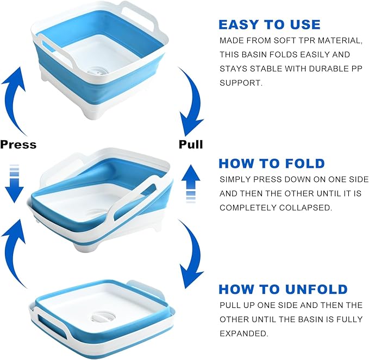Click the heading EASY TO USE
(270, 24)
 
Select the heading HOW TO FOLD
(272, 163)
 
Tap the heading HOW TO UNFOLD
(283, 289)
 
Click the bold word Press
(18, 144)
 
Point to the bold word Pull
(191, 144)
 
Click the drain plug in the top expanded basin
(95, 70)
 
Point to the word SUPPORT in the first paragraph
(241, 83)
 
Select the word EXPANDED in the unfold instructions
(244, 333)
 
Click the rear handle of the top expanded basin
(139, 14)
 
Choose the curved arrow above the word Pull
(192, 101)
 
